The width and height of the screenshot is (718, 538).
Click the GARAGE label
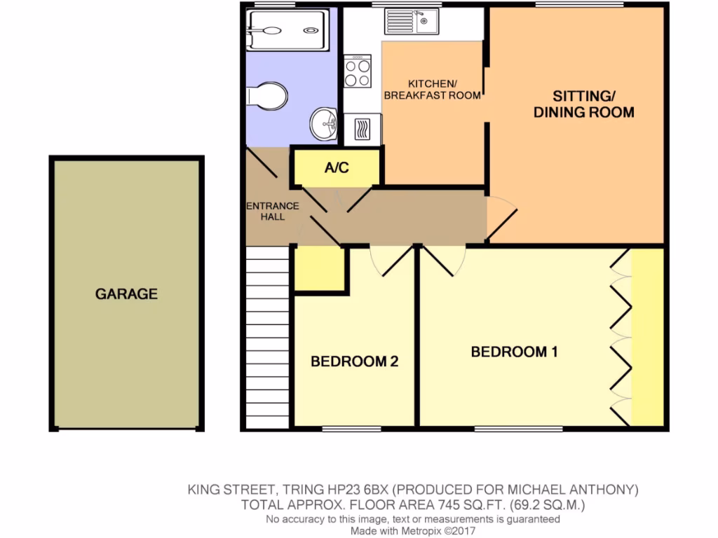(126, 294)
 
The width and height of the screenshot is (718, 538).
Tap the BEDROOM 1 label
(514, 352)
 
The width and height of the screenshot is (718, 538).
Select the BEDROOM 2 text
(355, 361)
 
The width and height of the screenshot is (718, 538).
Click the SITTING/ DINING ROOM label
(584, 104)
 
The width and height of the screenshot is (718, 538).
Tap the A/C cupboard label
(337, 168)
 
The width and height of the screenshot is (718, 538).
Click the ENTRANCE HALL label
(272, 212)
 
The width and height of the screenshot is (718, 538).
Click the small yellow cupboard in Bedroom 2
(318, 268)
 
